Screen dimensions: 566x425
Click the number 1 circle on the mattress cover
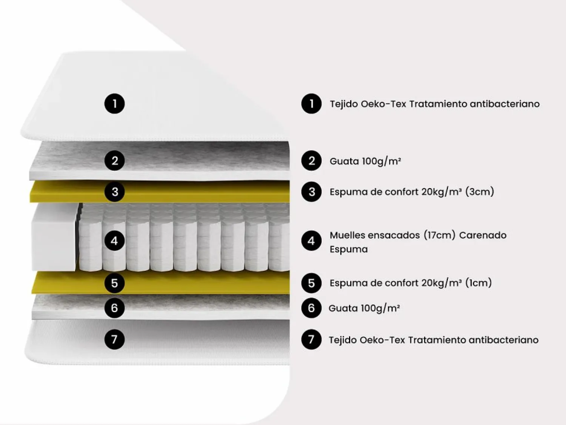click(x=114, y=104)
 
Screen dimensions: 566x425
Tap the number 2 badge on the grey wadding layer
click(x=114, y=161)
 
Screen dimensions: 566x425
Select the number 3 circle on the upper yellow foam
click(x=114, y=192)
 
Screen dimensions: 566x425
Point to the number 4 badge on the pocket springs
click(x=114, y=240)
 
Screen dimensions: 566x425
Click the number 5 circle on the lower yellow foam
click(x=114, y=283)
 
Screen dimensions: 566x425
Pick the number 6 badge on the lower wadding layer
click(x=114, y=308)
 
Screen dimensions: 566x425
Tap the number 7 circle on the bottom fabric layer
click(x=114, y=339)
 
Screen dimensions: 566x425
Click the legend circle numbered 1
click(x=311, y=104)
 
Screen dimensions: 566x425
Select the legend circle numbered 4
click(x=311, y=240)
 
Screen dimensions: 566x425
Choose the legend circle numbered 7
click(x=311, y=339)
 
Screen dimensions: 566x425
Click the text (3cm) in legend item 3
click(x=480, y=192)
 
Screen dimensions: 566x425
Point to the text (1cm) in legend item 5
click(x=478, y=283)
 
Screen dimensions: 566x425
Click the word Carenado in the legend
click(x=483, y=235)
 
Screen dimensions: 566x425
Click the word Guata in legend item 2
click(x=344, y=161)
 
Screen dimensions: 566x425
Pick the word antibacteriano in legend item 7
click(x=504, y=340)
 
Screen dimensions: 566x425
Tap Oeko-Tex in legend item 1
click(x=383, y=104)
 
